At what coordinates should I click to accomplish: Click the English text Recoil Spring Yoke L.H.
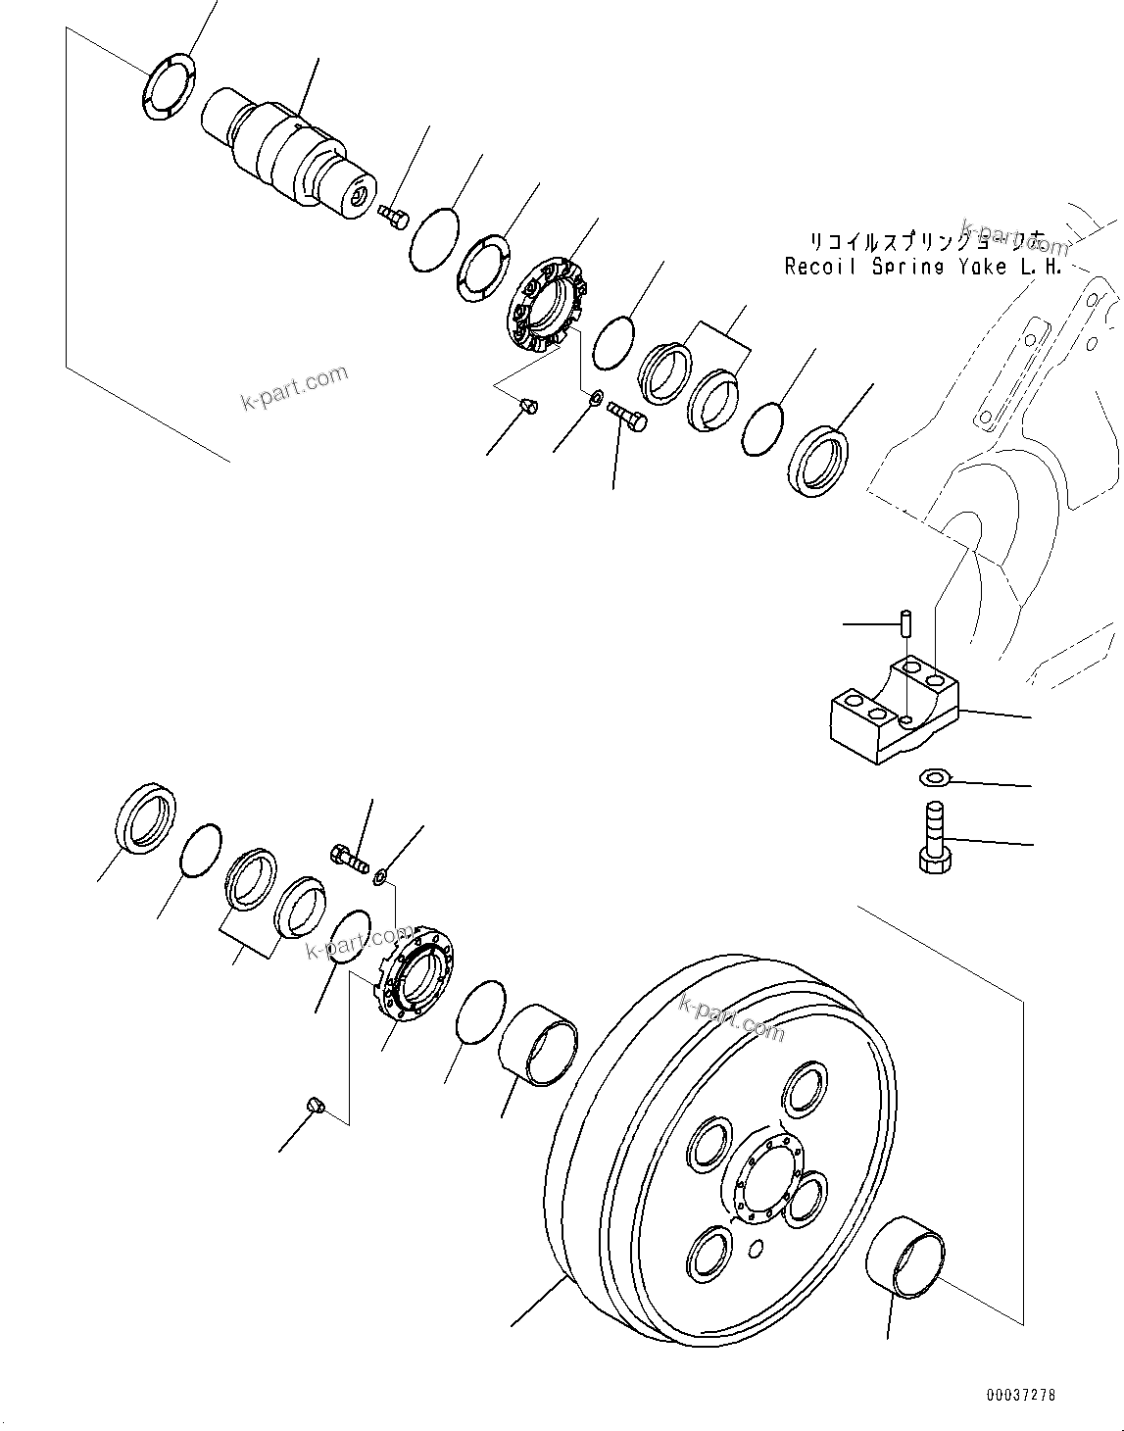coord(921,267)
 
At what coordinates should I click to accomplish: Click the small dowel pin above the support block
coord(907,622)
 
